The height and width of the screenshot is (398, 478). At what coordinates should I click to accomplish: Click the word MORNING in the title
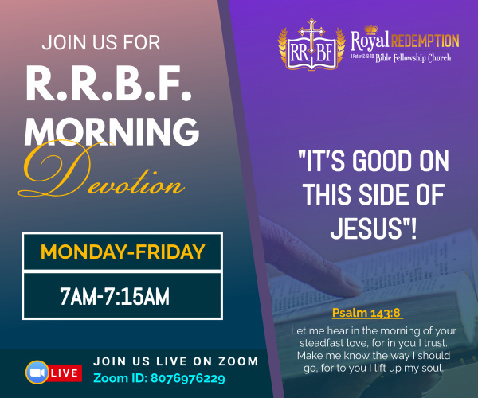click(x=112, y=131)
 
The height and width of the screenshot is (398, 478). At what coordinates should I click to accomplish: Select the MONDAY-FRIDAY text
click(x=123, y=252)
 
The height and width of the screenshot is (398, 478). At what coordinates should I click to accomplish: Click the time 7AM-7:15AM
click(x=114, y=296)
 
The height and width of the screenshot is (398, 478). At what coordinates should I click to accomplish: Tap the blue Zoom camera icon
click(x=37, y=372)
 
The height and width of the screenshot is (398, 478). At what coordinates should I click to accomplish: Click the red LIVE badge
click(x=65, y=373)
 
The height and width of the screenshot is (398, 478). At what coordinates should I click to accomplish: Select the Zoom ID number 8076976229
click(x=188, y=378)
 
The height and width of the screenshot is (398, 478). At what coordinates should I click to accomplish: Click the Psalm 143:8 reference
click(x=366, y=313)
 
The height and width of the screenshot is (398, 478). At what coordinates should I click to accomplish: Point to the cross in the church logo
click(x=311, y=37)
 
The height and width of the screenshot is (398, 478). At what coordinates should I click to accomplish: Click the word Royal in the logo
click(x=370, y=41)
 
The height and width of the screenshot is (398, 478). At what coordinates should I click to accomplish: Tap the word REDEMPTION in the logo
click(x=425, y=41)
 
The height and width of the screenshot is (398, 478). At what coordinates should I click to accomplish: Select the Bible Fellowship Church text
click(x=413, y=58)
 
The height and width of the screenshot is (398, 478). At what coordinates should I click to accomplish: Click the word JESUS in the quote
click(x=366, y=228)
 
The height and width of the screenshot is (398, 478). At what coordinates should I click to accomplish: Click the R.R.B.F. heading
click(x=109, y=83)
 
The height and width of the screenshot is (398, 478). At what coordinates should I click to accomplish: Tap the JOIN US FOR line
click(x=101, y=43)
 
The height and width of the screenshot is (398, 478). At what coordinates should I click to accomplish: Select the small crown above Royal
click(x=371, y=29)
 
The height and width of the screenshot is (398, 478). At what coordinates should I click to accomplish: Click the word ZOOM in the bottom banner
click(x=238, y=361)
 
